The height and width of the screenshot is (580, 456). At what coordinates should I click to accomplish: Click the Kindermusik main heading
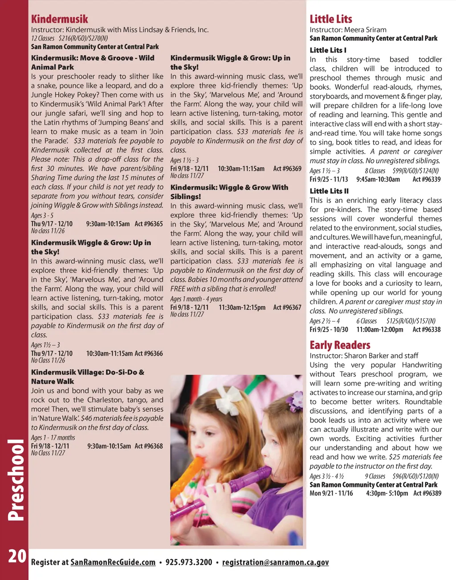click(x=60, y=19)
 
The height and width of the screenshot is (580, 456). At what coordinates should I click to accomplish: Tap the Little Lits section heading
click(x=331, y=19)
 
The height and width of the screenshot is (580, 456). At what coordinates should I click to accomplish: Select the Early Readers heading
click(x=340, y=345)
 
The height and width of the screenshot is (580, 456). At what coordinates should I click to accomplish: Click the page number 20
click(x=17, y=556)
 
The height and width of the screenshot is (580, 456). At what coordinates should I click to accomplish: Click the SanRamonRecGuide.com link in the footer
click(x=113, y=562)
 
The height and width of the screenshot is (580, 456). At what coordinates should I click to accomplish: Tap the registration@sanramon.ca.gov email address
click(x=275, y=562)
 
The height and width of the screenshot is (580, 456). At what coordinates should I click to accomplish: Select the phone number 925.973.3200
click(x=189, y=562)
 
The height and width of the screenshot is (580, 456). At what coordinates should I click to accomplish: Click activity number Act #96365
click(x=149, y=224)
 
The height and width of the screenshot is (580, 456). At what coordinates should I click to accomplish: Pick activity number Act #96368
click(x=149, y=446)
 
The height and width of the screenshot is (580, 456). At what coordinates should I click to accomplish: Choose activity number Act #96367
click(x=287, y=308)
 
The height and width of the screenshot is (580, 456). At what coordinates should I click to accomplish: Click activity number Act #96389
click(x=427, y=493)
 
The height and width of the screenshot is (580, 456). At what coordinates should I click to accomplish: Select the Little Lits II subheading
click(x=329, y=191)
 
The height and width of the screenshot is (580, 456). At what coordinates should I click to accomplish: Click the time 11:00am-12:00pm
click(x=379, y=330)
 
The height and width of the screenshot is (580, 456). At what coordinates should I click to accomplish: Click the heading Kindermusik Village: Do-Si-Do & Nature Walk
click(x=87, y=377)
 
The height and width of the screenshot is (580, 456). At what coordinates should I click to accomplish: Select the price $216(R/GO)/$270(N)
click(x=83, y=38)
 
